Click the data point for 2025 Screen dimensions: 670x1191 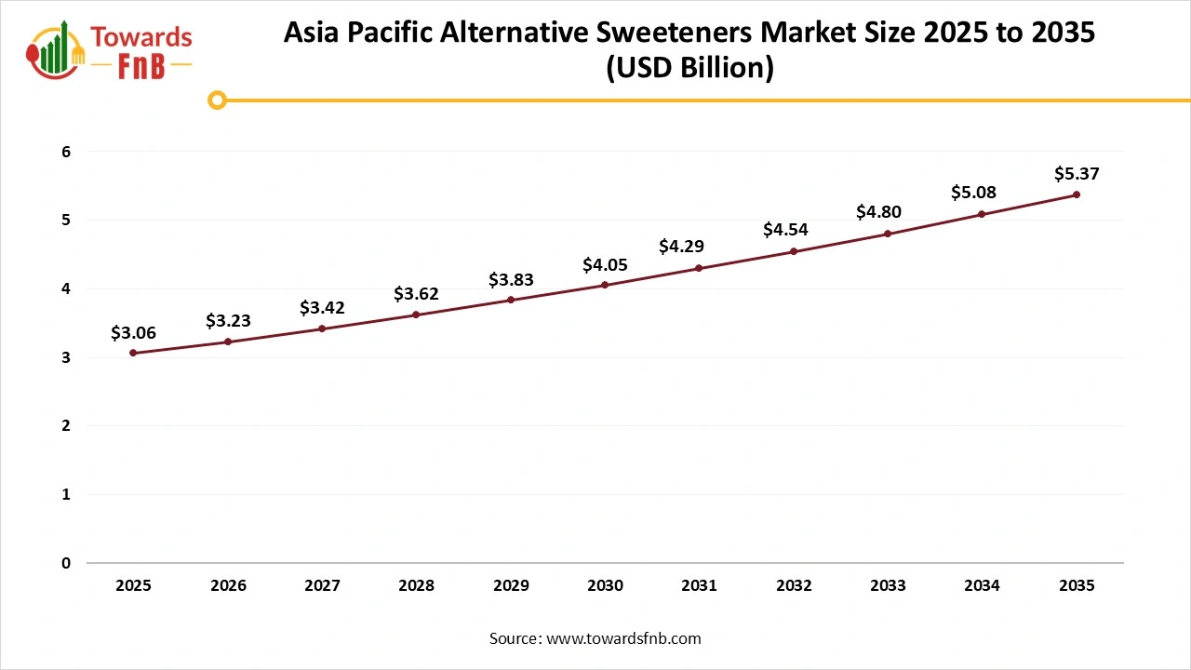pos(133,353)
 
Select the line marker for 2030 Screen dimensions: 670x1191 pos(605,285)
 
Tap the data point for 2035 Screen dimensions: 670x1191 pos(1077,194)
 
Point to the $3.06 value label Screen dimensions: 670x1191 pos(133,332)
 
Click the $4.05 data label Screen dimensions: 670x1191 pos(605,265)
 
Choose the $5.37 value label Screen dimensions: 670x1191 pos(1077,174)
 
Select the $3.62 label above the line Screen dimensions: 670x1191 pos(416,294)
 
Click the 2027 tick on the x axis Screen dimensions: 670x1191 pos(322,585)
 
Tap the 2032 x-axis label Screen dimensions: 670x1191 pos(794,585)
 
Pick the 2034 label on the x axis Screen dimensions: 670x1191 pos(982,585)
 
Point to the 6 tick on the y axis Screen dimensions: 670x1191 pos(66,152)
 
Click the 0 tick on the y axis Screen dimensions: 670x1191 pos(66,563)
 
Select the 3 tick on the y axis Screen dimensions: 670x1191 pos(66,357)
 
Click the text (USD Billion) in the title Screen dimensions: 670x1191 pos(689,69)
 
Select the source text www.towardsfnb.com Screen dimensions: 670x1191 pos(622,638)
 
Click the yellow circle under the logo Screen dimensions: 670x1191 pos(217,100)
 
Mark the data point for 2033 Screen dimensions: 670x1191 pos(888,234)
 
